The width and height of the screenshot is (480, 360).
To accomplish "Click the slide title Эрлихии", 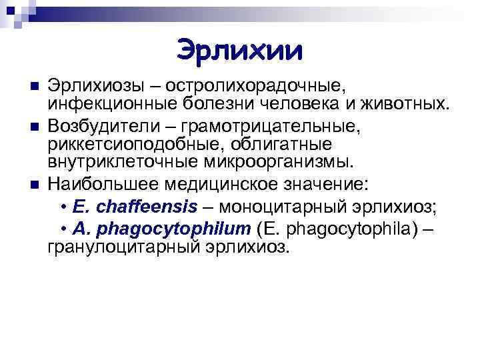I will point(240,49).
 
